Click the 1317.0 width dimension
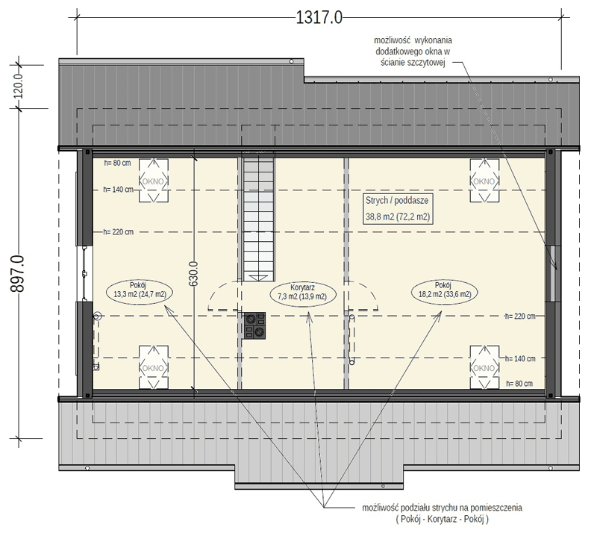(319, 17)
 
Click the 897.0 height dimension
(17, 273)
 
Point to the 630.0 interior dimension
(194, 273)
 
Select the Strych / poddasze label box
(398, 209)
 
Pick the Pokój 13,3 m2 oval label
(140, 291)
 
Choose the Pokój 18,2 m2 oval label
(445, 291)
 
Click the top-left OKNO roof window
(154, 181)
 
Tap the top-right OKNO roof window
(484, 181)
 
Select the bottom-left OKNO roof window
(154, 367)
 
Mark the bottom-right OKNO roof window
(484, 367)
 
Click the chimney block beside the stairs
(254, 325)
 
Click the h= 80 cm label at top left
(117, 163)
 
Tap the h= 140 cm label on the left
(119, 190)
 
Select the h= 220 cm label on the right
(520, 317)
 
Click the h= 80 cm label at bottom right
(519, 384)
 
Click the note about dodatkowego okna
(413, 52)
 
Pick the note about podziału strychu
(442, 513)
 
